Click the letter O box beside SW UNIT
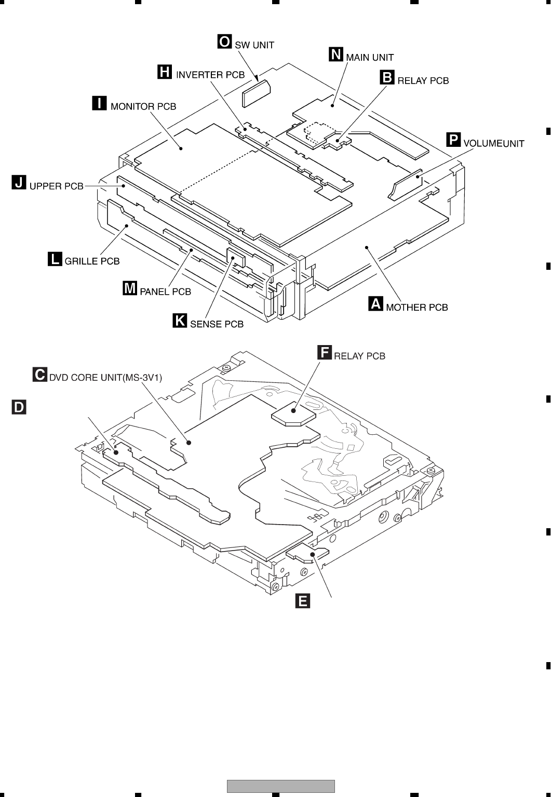coord(224,42)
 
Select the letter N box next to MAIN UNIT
coord(336,54)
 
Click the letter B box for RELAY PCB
coord(387,77)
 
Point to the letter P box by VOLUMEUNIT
coord(453,140)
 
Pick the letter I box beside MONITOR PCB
coord(99,103)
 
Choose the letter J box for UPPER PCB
coord(19,183)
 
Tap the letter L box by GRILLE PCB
coord(55,258)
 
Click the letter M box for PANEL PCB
coord(130,288)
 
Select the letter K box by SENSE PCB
coord(180,321)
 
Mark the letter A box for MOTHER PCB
coord(375,304)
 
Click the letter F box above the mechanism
coord(324,353)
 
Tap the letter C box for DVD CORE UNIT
coord(39,374)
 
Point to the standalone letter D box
coord(19,407)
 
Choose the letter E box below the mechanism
coord(302,601)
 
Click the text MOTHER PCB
coord(416,307)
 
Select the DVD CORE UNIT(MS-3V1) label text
coord(105,377)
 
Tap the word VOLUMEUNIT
coord(493,144)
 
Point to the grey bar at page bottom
coord(280,786)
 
